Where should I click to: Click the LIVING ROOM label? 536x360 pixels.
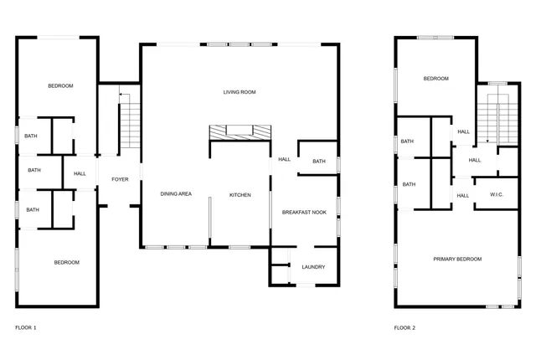[239, 92]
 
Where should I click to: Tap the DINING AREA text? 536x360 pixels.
[176, 194]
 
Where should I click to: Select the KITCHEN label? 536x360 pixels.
[240, 195]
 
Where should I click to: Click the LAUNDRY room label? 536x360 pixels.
[312, 267]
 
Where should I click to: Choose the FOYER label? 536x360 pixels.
[119, 178]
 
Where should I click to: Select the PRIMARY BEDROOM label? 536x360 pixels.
[457, 260]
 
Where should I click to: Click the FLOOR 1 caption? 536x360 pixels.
[26, 327]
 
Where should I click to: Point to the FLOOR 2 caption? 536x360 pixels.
[405, 327]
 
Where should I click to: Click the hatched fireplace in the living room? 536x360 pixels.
[240, 131]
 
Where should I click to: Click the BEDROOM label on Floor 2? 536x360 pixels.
[435, 79]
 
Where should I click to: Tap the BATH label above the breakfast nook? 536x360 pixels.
[319, 162]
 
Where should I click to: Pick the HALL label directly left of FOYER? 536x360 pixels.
[80, 174]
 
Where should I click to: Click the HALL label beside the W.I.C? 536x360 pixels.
[463, 196]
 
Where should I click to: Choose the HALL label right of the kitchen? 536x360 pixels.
[284, 159]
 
